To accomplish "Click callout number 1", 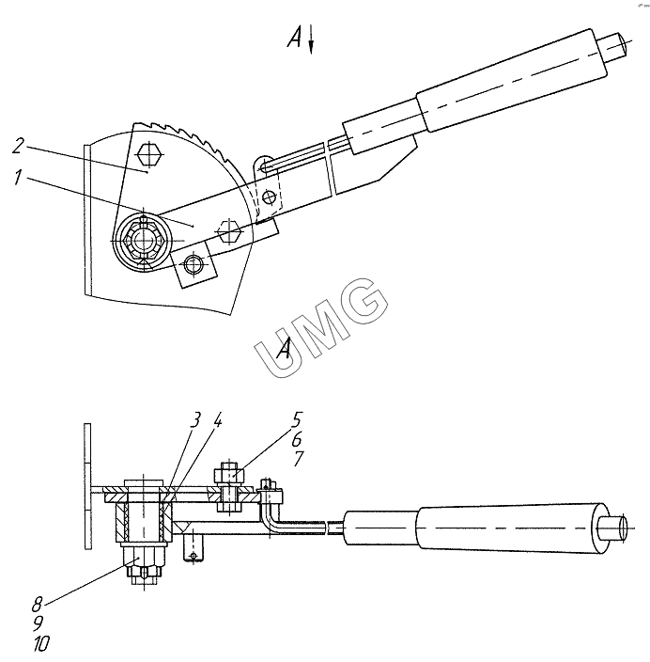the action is click(17, 178).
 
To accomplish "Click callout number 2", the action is click(18, 145).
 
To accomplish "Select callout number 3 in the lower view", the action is click(194, 420).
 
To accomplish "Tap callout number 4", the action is click(216, 420).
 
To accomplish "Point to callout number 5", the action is click(297, 420).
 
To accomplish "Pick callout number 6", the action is click(297, 439).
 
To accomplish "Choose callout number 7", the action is click(298, 459).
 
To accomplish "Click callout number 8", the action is click(38, 605).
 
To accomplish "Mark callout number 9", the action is click(39, 623).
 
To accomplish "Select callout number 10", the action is click(41, 643).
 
